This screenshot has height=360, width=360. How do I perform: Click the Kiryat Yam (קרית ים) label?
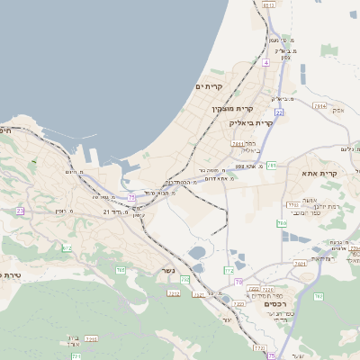(x=209, y=86)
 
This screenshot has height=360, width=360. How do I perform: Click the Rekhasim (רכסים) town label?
(x=276, y=304)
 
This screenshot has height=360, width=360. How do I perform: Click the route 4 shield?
(x=266, y=63)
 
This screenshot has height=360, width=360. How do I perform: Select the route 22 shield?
(x=280, y=112)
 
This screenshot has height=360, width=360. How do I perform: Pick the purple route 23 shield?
(x=20, y=211)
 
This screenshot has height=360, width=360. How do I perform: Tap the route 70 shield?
(x=238, y=282)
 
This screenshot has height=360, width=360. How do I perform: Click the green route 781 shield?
(x=271, y=166)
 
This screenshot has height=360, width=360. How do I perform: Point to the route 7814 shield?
(x=319, y=105)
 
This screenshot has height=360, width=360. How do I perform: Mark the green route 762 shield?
(x=318, y=296)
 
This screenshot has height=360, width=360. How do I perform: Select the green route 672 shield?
(x=66, y=247)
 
